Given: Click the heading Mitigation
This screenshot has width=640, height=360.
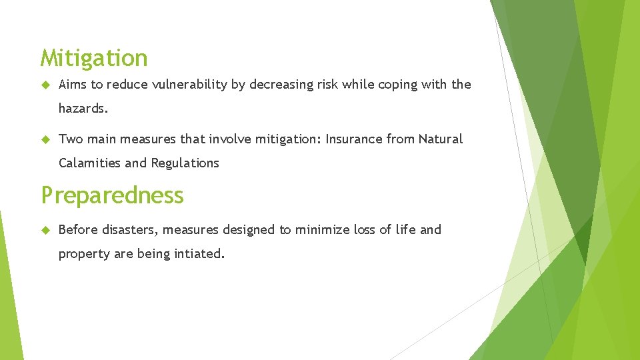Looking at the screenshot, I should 93,59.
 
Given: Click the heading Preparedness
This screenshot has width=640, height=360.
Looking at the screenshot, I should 112,195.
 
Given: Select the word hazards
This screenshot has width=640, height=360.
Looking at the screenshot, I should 82,108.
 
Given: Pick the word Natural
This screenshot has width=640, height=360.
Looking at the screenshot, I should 440,139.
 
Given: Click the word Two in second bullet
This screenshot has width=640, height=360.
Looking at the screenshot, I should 69,139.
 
